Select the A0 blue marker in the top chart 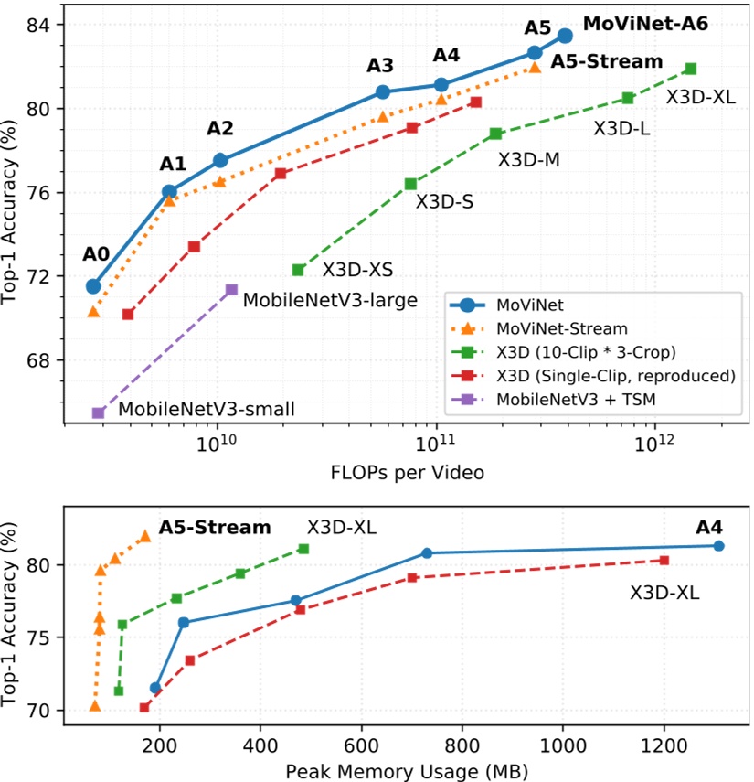(x=93, y=286)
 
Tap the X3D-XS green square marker (x=298, y=270)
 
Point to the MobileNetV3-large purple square (x=231, y=289)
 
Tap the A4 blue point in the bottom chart (x=719, y=546)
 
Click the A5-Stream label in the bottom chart (x=215, y=528)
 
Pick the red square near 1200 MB (x=664, y=560)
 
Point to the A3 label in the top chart (x=380, y=66)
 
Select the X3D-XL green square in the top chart (x=691, y=69)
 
